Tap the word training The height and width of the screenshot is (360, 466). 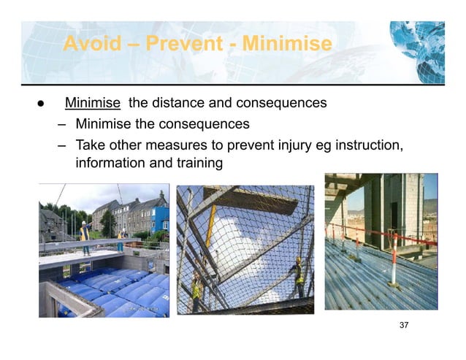point(196,163)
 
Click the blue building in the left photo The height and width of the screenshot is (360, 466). point(161,217)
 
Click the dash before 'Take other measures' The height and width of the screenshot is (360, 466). point(63,145)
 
